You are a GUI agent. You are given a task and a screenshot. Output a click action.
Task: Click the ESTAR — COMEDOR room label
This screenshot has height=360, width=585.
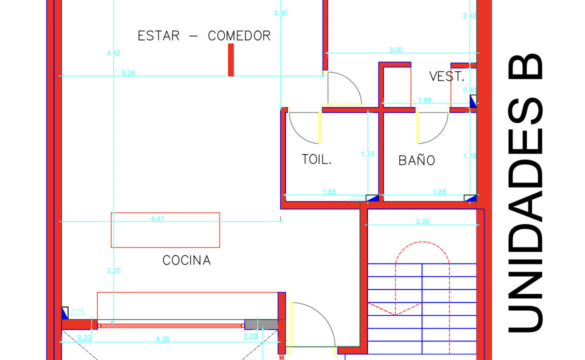(204, 36)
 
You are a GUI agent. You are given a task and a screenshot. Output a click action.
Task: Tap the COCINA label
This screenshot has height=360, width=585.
(186, 260)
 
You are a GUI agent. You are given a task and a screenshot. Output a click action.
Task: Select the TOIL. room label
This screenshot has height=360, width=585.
(316, 159)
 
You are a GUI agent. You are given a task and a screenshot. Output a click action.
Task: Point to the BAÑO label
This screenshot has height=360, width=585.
(416, 160)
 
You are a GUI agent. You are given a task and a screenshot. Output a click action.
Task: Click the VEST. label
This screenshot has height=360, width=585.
(447, 77)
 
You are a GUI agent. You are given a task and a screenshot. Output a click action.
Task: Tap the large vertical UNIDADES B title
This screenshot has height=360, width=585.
(525, 192)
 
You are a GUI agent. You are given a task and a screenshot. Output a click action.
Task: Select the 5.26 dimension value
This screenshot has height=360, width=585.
(128, 73)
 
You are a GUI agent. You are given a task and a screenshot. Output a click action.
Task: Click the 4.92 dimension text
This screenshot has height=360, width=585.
(113, 53)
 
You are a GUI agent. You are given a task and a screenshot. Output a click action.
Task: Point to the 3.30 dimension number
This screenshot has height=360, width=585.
(280, 13)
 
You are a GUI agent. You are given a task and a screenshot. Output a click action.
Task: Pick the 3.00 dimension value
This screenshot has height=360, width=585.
(396, 50)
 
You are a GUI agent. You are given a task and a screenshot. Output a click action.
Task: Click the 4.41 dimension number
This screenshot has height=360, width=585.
(157, 218)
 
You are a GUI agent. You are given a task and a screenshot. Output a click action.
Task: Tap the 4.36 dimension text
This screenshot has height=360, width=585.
(162, 339)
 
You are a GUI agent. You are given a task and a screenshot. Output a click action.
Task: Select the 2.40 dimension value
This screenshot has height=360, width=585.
(469, 16)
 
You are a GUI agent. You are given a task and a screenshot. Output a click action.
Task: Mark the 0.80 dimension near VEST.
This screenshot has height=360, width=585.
(469, 90)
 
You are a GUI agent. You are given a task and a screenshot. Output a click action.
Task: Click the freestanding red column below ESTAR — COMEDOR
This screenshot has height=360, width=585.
(230, 59)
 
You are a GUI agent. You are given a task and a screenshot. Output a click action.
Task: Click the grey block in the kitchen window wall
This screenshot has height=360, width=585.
(260, 324)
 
